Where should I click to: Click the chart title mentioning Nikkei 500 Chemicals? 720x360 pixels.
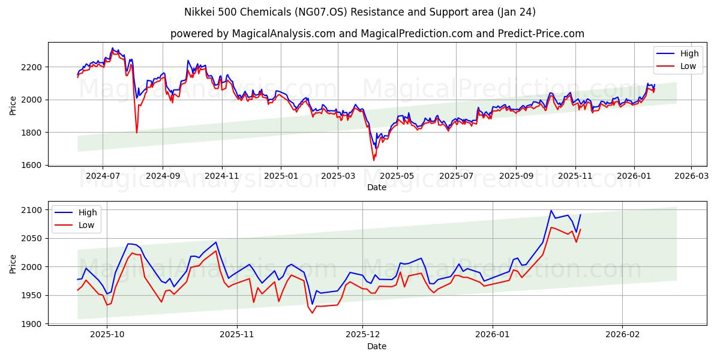tap(359, 12)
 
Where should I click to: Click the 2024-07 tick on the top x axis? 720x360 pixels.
tap(102, 176)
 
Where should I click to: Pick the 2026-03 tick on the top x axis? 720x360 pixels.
tap(691, 176)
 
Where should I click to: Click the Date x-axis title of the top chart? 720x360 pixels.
tap(376, 187)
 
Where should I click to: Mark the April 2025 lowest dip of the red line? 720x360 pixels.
tap(374, 160)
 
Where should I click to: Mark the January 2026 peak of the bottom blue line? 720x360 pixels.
tap(551, 211)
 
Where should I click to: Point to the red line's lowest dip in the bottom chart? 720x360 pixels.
tap(312, 313)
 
